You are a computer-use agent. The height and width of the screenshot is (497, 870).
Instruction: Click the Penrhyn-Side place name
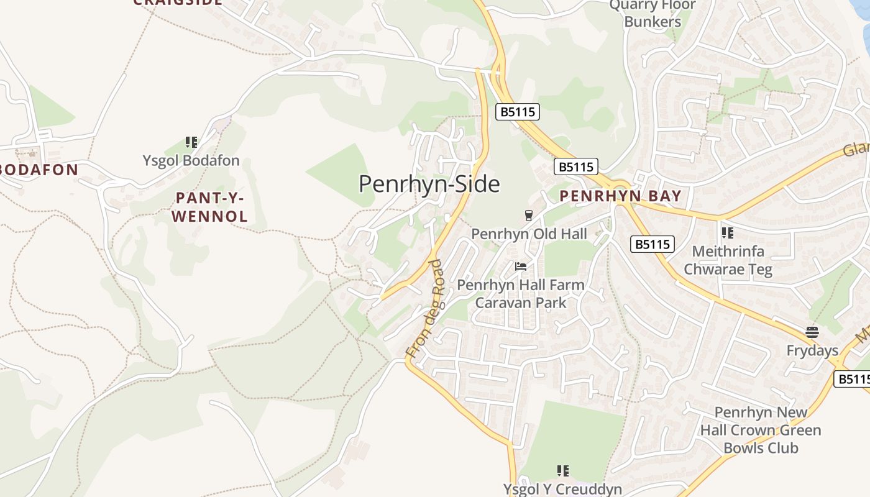(429, 184)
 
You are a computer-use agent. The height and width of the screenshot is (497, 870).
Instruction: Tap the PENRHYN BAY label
(620, 196)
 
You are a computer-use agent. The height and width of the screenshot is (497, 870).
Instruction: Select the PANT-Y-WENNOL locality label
(209, 207)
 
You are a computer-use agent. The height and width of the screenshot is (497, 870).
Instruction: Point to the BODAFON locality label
(39, 170)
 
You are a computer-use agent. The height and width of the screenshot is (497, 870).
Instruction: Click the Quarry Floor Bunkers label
(652, 14)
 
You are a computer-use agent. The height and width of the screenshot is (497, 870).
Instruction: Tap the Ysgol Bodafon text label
(191, 160)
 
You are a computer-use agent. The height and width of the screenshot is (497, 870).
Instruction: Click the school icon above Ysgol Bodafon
(191, 142)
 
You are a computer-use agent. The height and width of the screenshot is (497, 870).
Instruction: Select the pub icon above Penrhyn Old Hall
(528, 216)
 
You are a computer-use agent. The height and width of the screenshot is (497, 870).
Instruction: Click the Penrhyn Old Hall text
(528, 234)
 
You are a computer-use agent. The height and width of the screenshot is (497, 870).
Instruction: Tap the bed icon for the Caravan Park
(521, 267)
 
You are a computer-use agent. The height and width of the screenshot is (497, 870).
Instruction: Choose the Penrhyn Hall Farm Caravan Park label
(521, 294)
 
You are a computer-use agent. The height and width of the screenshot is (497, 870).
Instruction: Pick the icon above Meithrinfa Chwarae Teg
(727, 233)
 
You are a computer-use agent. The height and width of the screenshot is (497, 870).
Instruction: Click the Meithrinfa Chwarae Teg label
(728, 260)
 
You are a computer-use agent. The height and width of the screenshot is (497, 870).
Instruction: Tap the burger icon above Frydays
(812, 332)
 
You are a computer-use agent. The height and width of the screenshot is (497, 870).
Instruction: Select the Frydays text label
(812, 350)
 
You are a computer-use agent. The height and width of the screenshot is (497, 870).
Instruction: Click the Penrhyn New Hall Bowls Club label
(761, 430)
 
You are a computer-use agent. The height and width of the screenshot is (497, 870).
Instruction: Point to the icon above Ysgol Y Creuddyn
(562, 471)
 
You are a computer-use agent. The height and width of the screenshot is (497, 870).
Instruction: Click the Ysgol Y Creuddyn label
(562, 489)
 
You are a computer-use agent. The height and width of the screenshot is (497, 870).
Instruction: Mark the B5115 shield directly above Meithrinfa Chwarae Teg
(652, 244)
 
